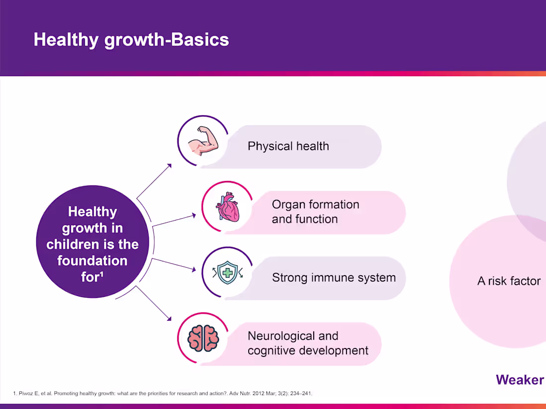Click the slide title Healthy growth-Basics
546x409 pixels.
click(x=131, y=40)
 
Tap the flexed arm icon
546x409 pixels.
click(x=204, y=140)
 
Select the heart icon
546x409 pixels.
click(x=227, y=207)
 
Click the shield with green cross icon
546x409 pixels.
click(x=227, y=273)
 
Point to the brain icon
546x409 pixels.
click(x=204, y=339)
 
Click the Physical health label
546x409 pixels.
click(x=288, y=146)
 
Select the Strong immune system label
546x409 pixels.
click(x=334, y=278)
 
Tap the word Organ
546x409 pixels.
click(x=287, y=205)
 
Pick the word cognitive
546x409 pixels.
click(x=272, y=351)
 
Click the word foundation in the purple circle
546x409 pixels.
click(x=93, y=260)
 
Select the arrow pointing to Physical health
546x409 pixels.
click(x=154, y=181)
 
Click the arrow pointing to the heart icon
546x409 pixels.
click(x=174, y=221)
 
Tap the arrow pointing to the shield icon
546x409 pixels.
click(x=174, y=264)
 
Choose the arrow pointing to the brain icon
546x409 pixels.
click(x=153, y=303)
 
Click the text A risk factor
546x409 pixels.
click(x=509, y=281)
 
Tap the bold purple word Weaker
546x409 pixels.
click(x=520, y=380)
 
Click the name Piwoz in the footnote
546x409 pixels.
click(x=26, y=393)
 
